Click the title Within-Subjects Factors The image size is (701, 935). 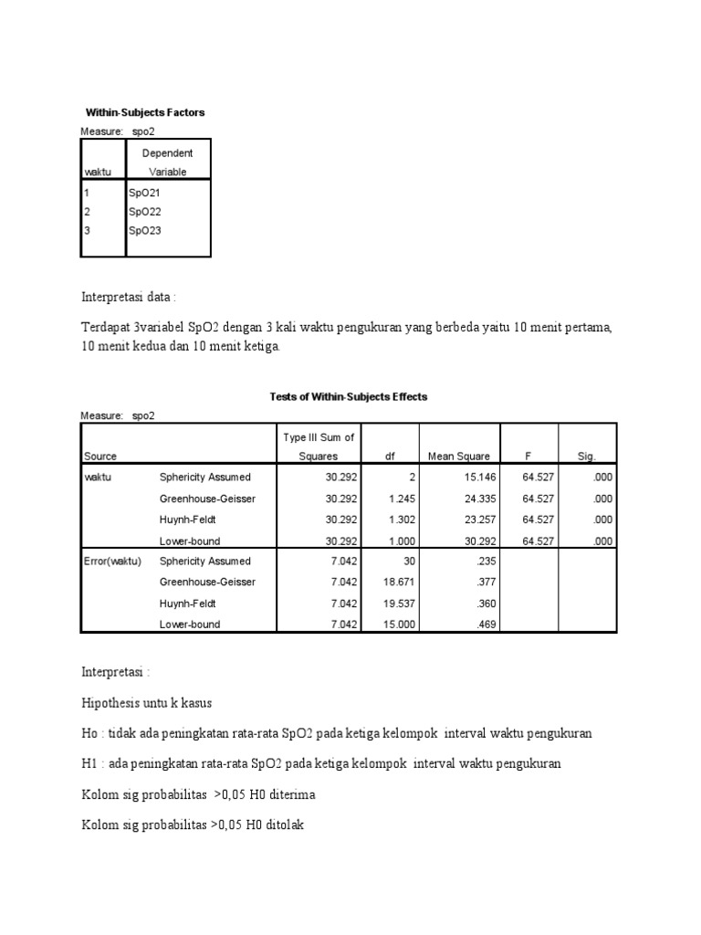[x=146, y=112]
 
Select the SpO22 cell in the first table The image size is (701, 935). [x=145, y=211]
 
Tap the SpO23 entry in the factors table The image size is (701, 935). [x=145, y=230]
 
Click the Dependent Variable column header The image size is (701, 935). [x=168, y=163]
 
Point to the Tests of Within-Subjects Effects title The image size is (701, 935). [x=349, y=397]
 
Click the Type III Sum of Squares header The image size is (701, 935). [x=319, y=446]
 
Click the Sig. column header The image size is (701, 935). [x=587, y=456]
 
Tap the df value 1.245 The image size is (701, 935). [x=388, y=498]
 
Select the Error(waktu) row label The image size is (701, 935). [x=112, y=561]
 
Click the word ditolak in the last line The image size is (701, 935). [x=287, y=825]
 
